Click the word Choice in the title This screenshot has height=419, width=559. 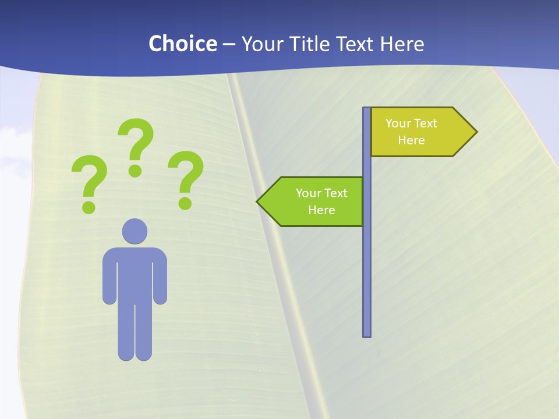182,44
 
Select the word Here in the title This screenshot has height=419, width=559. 402,44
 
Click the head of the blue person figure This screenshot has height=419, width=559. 135,231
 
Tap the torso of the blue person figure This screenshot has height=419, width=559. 135,274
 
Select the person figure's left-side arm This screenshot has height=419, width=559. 109,279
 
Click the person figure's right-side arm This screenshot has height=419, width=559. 160,279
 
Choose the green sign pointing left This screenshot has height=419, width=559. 314,201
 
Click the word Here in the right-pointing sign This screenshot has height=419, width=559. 411,140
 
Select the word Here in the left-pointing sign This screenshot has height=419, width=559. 321,210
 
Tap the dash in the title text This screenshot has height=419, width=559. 229,44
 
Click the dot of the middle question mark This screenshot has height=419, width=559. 135,171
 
